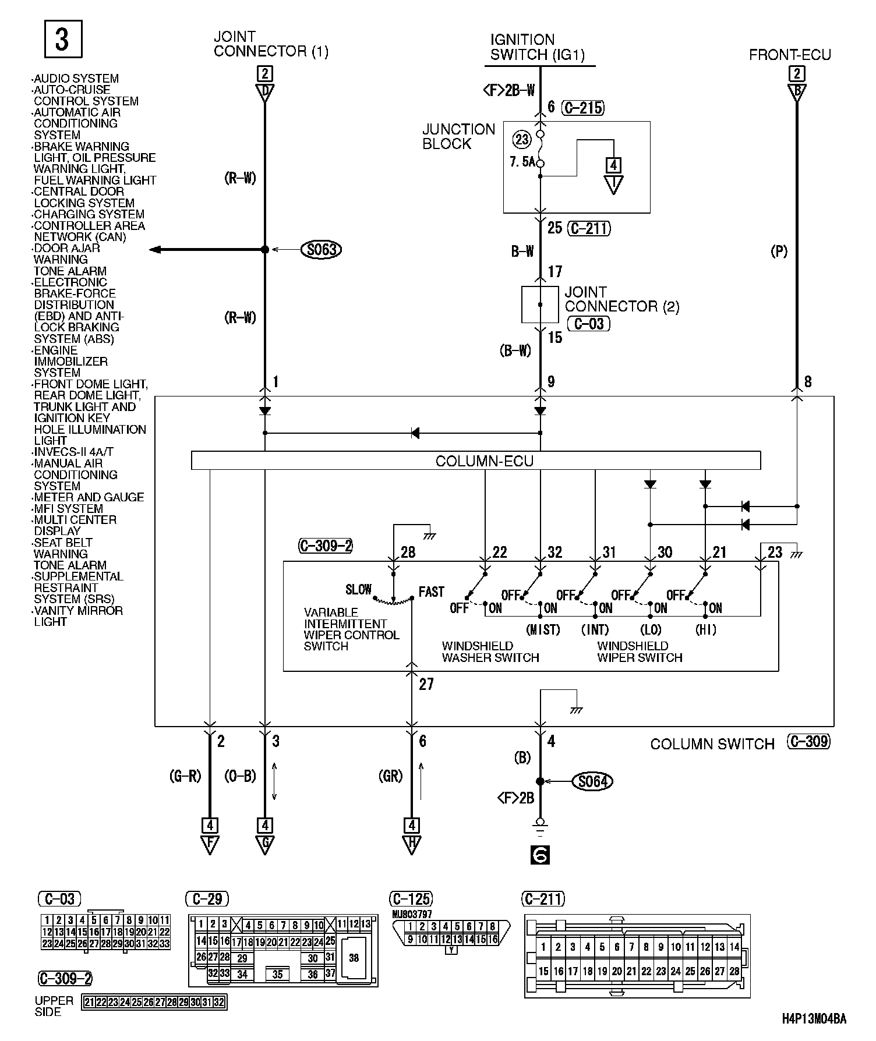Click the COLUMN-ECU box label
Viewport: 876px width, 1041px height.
[484, 461]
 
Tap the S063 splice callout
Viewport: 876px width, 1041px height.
[321, 250]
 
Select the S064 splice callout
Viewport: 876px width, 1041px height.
[593, 781]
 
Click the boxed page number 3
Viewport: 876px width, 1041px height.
[63, 39]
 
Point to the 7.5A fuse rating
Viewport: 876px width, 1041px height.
[522, 162]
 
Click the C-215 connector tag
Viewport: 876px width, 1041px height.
[583, 108]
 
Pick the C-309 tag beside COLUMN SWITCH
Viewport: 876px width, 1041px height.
[808, 742]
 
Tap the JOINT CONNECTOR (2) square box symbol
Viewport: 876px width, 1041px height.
[540, 304]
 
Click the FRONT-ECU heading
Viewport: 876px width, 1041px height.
[790, 55]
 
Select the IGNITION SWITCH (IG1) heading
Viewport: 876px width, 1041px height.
[537, 48]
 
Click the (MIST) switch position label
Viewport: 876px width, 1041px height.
[543, 629]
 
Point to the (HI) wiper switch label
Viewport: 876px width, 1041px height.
[705, 629]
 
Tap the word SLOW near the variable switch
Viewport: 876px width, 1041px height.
[358, 589]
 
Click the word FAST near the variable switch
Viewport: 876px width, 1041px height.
[431, 592]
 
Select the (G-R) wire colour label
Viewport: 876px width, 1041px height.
[185, 776]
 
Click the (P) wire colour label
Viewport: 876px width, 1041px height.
[779, 252]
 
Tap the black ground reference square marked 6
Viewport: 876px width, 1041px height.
[540, 855]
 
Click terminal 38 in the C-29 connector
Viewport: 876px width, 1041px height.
[354, 958]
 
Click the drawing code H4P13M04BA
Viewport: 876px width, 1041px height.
[814, 1018]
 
